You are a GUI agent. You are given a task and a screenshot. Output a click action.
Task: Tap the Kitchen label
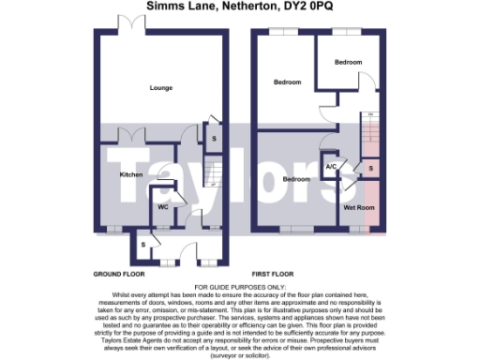(x=130, y=174)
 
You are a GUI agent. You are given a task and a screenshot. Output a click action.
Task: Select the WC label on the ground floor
(x=162, y=206)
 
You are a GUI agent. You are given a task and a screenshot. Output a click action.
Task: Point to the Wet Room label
(x=360, y=206)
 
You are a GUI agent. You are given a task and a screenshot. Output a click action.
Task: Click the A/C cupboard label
(x=331, y=167)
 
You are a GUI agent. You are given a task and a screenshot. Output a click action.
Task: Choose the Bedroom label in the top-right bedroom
(x=350, y=62)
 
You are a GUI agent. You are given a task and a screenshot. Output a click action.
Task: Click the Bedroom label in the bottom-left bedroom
(x=297, y=179)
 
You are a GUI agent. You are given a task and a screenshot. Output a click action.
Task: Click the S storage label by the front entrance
(x=142, y=244)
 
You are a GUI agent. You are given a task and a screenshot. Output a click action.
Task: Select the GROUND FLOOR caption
(x=117, y=274)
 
